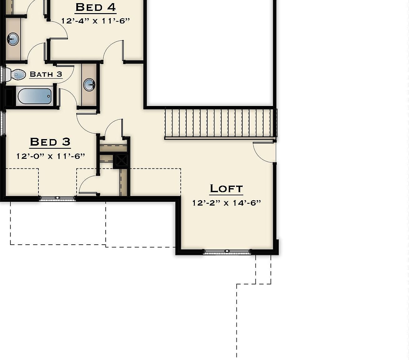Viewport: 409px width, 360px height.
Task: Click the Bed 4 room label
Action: point(96,7)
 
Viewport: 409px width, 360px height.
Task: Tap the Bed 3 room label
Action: point(50,142)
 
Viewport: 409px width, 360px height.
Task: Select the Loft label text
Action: point(226,188)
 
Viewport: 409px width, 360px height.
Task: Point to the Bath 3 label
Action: point(46,74)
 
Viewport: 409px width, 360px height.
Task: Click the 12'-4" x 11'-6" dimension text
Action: point(95,21)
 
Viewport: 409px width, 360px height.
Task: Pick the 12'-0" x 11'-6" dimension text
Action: point(51,156)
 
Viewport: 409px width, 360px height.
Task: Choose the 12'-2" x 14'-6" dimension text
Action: point(226,203)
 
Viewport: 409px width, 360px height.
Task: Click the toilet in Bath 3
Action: point(16,75)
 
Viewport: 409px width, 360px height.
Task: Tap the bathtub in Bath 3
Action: point(34,96)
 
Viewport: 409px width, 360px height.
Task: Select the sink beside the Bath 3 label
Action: point(89,85)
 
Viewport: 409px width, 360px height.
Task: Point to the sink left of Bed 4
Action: point(13,39)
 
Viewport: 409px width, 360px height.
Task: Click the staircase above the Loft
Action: point(220,122)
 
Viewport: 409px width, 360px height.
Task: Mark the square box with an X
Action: point(121,161)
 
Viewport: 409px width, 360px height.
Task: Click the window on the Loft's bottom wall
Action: point(227,252)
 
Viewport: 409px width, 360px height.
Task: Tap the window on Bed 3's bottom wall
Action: point(57,198)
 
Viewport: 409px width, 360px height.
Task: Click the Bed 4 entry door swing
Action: point(113,51)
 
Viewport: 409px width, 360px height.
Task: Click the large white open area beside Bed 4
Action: point(210,52)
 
